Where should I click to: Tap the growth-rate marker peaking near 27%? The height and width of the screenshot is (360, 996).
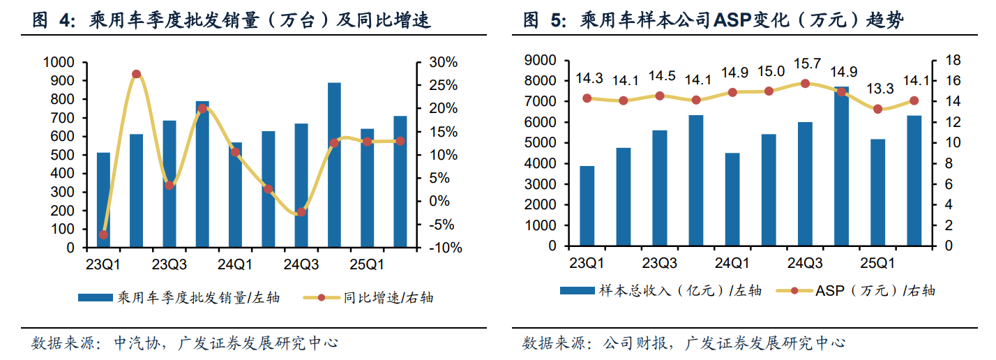tap(136, 74)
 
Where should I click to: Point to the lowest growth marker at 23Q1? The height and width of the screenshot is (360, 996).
tap(103, 234)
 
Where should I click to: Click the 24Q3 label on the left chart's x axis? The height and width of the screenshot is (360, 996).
tap(301, 265)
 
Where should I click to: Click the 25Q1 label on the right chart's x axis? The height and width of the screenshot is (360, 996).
tap(878, 264)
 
